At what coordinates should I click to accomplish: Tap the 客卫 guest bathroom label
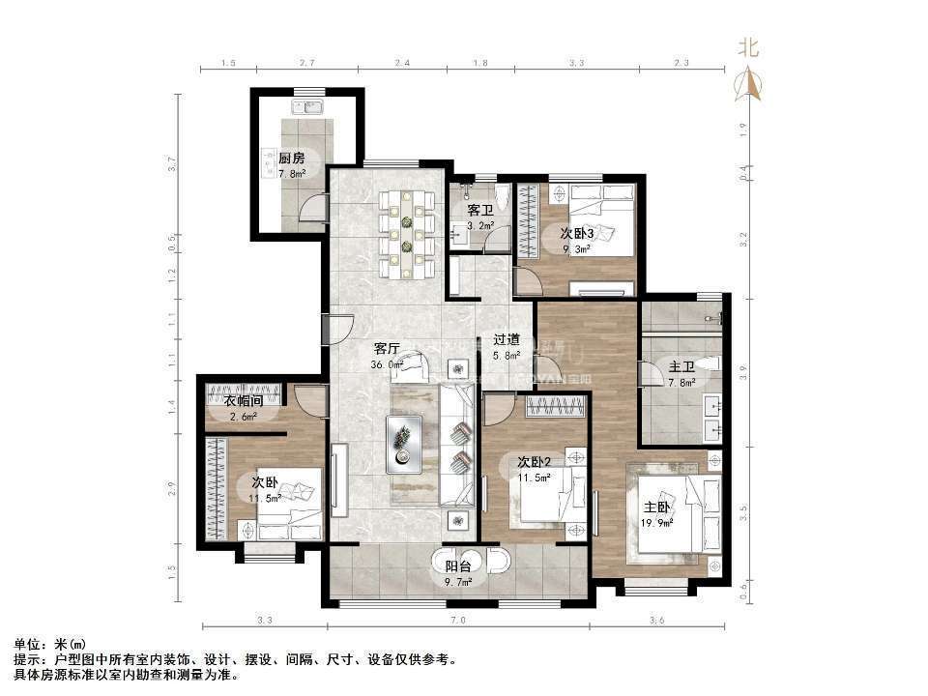click(x=479, y=210)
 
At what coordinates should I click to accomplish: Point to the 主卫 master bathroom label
click(x=681, y=366)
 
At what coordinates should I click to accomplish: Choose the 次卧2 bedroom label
click(x=534, y=461)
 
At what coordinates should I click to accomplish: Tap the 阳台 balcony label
click(x=458, y=566)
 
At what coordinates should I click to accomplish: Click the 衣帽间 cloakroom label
click(x=244, y=402)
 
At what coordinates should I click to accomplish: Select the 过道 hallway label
click(x=507, y=339)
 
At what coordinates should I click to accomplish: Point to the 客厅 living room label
click(x=388, y=349)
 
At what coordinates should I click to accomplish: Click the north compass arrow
click(x=748, y=84)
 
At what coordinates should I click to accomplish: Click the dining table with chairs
click(x=407, y=232)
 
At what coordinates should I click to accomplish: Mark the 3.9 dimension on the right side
click(x=742, y=368)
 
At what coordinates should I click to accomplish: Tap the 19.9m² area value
click(x=657, y=523)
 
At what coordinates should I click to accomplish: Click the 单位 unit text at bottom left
click(x=30, y=644)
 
